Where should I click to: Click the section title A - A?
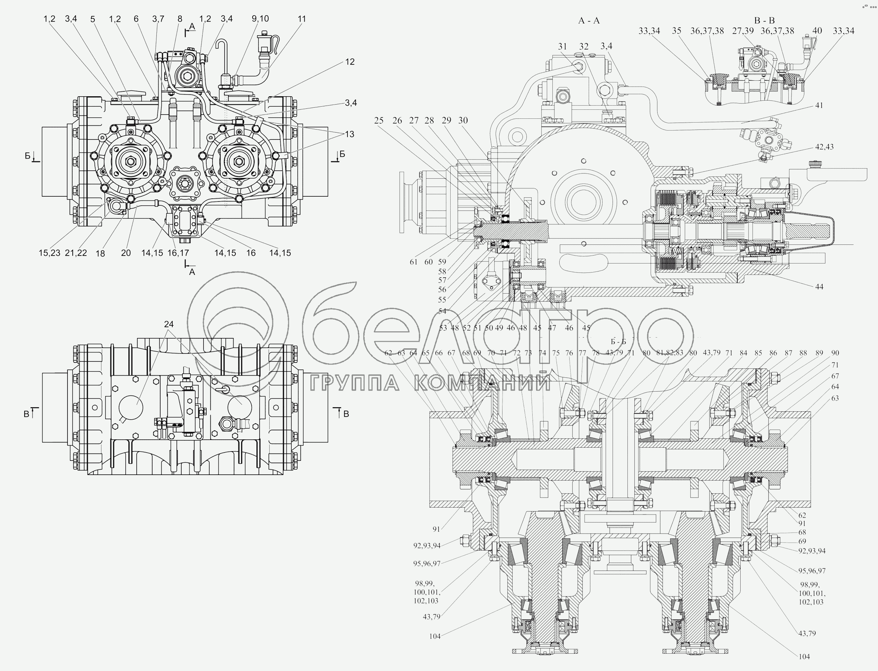[589, 21]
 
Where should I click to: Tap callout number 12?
[350, 62]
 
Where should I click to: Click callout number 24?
[169, 324]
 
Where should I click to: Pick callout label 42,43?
[824, 147]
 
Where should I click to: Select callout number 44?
[819, 286]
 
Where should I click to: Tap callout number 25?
[379, 120]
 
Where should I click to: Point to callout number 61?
[413, 262]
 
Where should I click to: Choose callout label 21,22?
[76, 253]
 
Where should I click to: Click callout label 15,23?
[49, 253]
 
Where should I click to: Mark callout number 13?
[350, 134]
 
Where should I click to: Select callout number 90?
[835, 353]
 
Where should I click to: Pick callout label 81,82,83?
[670, 353]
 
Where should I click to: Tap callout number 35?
[676, 31]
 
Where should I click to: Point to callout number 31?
[562, 46]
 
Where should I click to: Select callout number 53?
[443, 328]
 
